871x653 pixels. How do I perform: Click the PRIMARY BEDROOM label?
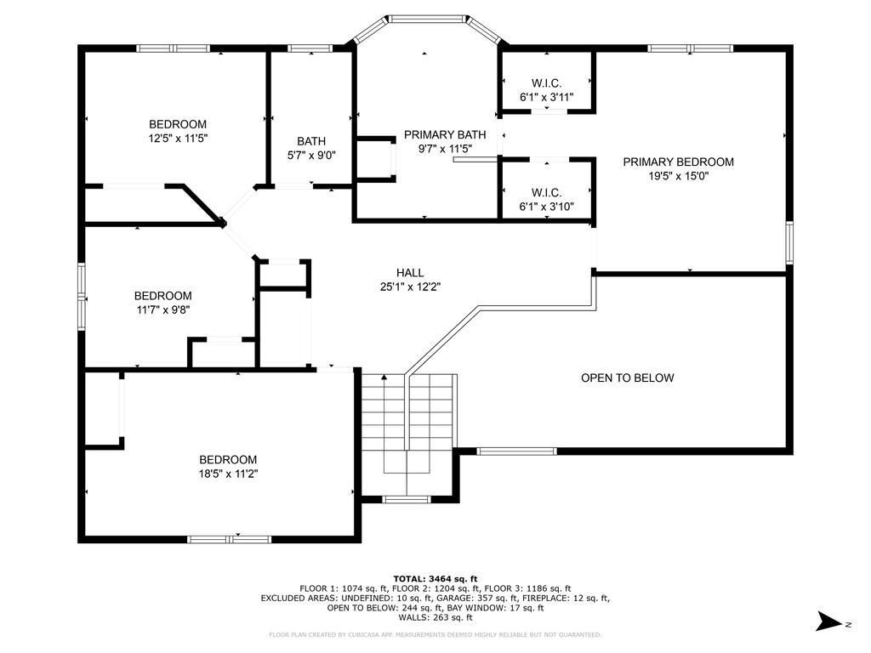click(678, 162)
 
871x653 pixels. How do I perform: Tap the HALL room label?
click(410, 273)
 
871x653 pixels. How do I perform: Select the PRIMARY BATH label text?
click(445, 134)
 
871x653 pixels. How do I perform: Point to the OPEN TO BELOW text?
click(627, 378)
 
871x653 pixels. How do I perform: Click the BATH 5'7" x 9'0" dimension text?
click(311, 156)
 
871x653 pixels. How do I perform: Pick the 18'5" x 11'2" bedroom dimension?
click(228, 474)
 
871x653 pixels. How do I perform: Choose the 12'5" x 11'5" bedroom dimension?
click(178, 139)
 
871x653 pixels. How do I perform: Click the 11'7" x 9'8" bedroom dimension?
click(163, 309)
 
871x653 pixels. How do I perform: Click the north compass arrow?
click(828, 622)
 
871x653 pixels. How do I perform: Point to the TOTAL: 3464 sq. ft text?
click(435, 578)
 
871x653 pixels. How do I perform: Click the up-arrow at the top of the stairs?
click(384, 378)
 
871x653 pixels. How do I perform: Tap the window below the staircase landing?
click(407, 500)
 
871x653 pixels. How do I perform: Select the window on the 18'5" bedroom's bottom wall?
click(230, 539)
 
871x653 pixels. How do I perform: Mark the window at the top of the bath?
click(310, 48)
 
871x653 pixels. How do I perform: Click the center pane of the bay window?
click(427, 19)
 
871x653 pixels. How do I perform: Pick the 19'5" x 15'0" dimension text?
click(678, 177)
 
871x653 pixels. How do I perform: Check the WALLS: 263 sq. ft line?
click(435, 617)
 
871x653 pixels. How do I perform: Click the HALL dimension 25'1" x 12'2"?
click(410, 287)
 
